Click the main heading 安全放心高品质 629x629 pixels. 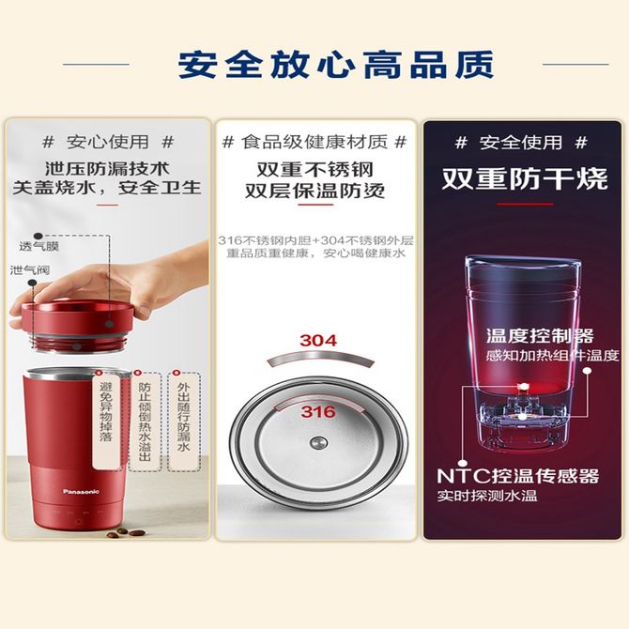336,65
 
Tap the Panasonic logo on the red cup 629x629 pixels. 81,491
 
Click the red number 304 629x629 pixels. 318,341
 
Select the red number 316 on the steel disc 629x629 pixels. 318,411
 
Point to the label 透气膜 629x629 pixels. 38,246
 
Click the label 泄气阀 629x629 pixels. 30,270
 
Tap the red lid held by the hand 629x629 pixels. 77,324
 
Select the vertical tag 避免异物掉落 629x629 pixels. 106,412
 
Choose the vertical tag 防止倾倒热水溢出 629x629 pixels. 145,422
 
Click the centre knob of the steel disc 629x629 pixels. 318,443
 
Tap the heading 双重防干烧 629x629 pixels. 525,178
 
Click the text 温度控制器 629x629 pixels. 540,336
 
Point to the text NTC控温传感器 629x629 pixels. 518,476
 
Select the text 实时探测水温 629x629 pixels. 487,496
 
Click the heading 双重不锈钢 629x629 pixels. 315,170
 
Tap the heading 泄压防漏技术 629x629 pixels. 107,169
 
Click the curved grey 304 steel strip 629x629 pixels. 320,358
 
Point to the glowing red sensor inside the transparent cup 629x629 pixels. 523,387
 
